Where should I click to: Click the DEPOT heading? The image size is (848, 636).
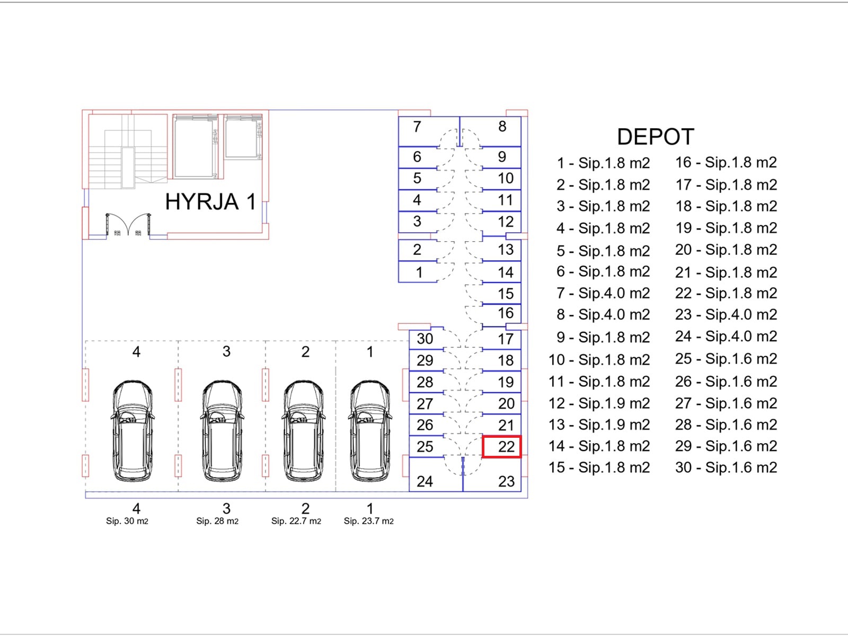655,137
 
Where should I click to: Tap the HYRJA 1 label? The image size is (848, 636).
210,201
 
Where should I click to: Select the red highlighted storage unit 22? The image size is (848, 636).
502,447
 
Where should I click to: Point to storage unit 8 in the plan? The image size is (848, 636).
491,131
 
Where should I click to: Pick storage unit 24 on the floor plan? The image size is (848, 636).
436,474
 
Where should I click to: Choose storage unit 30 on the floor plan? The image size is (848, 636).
427,339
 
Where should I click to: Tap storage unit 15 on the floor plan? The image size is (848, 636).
502,294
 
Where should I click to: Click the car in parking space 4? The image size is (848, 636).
132,430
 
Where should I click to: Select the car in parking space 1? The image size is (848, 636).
370,430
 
